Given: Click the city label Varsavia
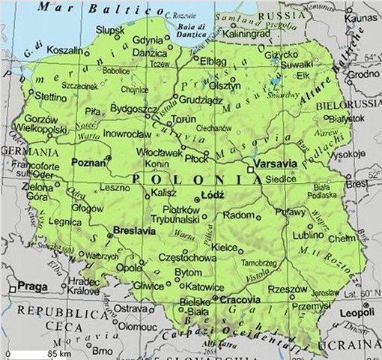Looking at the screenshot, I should (276, 163).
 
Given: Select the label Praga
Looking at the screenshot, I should (31, 286).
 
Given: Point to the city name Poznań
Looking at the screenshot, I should (87, 161).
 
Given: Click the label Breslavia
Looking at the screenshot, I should (135, 231).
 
